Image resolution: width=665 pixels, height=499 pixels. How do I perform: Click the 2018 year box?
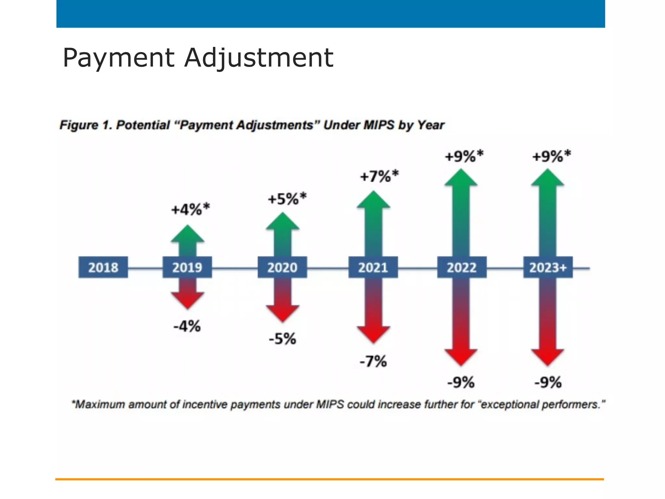point(103,267)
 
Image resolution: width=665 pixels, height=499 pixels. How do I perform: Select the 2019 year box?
point(187,267)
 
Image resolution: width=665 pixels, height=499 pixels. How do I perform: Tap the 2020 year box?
point(282,267)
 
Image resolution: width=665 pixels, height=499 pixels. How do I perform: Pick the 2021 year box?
point(373,267)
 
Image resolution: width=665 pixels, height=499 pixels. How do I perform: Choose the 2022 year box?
point(461,267)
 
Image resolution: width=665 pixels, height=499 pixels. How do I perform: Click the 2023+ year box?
point(548,267)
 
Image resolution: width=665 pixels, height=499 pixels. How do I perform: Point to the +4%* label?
point(191,209)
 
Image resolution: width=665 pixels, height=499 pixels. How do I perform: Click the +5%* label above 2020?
point(287,198)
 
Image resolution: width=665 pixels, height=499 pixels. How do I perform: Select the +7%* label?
point(379,176)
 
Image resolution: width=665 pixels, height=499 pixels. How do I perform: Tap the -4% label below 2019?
point(187,326)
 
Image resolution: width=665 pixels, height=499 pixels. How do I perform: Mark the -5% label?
point(282,339)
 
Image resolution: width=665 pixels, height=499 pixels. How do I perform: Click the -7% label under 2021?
point(373,361)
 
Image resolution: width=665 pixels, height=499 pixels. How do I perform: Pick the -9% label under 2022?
point(461,382)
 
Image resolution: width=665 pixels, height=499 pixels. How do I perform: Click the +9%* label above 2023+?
point(551,156)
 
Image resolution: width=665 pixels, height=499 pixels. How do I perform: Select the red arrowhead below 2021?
point(373,334)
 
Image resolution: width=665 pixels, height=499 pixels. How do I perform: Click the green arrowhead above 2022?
point(461,178)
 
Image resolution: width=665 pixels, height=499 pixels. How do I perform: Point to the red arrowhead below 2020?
point(282,313)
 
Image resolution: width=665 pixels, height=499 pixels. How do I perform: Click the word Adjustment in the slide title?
point(259,58)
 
